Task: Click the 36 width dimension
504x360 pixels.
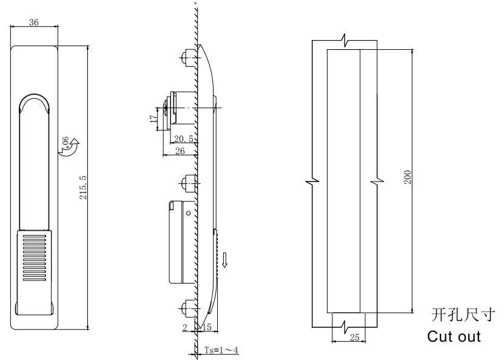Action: (x=34, y=22)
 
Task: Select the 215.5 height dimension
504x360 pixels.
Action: (x=83, y=187)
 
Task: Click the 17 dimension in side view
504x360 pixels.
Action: (x=153, y=118)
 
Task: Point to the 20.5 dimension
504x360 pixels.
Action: (x=184, y=138)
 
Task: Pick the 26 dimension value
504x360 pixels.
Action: (x=180, y=151)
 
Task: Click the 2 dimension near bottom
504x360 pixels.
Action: (x=185, y=327)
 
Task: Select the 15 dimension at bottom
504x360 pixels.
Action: (x=207, y=327)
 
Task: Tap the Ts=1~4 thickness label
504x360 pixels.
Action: (x=221, y=350)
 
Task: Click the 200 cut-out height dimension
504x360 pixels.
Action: (x=407, y=177)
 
